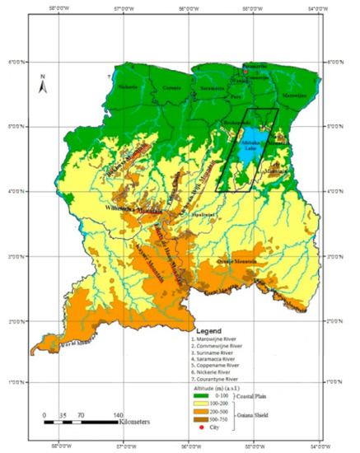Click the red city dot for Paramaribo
[x=245, y=72]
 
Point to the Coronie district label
[x=171, y=86]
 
